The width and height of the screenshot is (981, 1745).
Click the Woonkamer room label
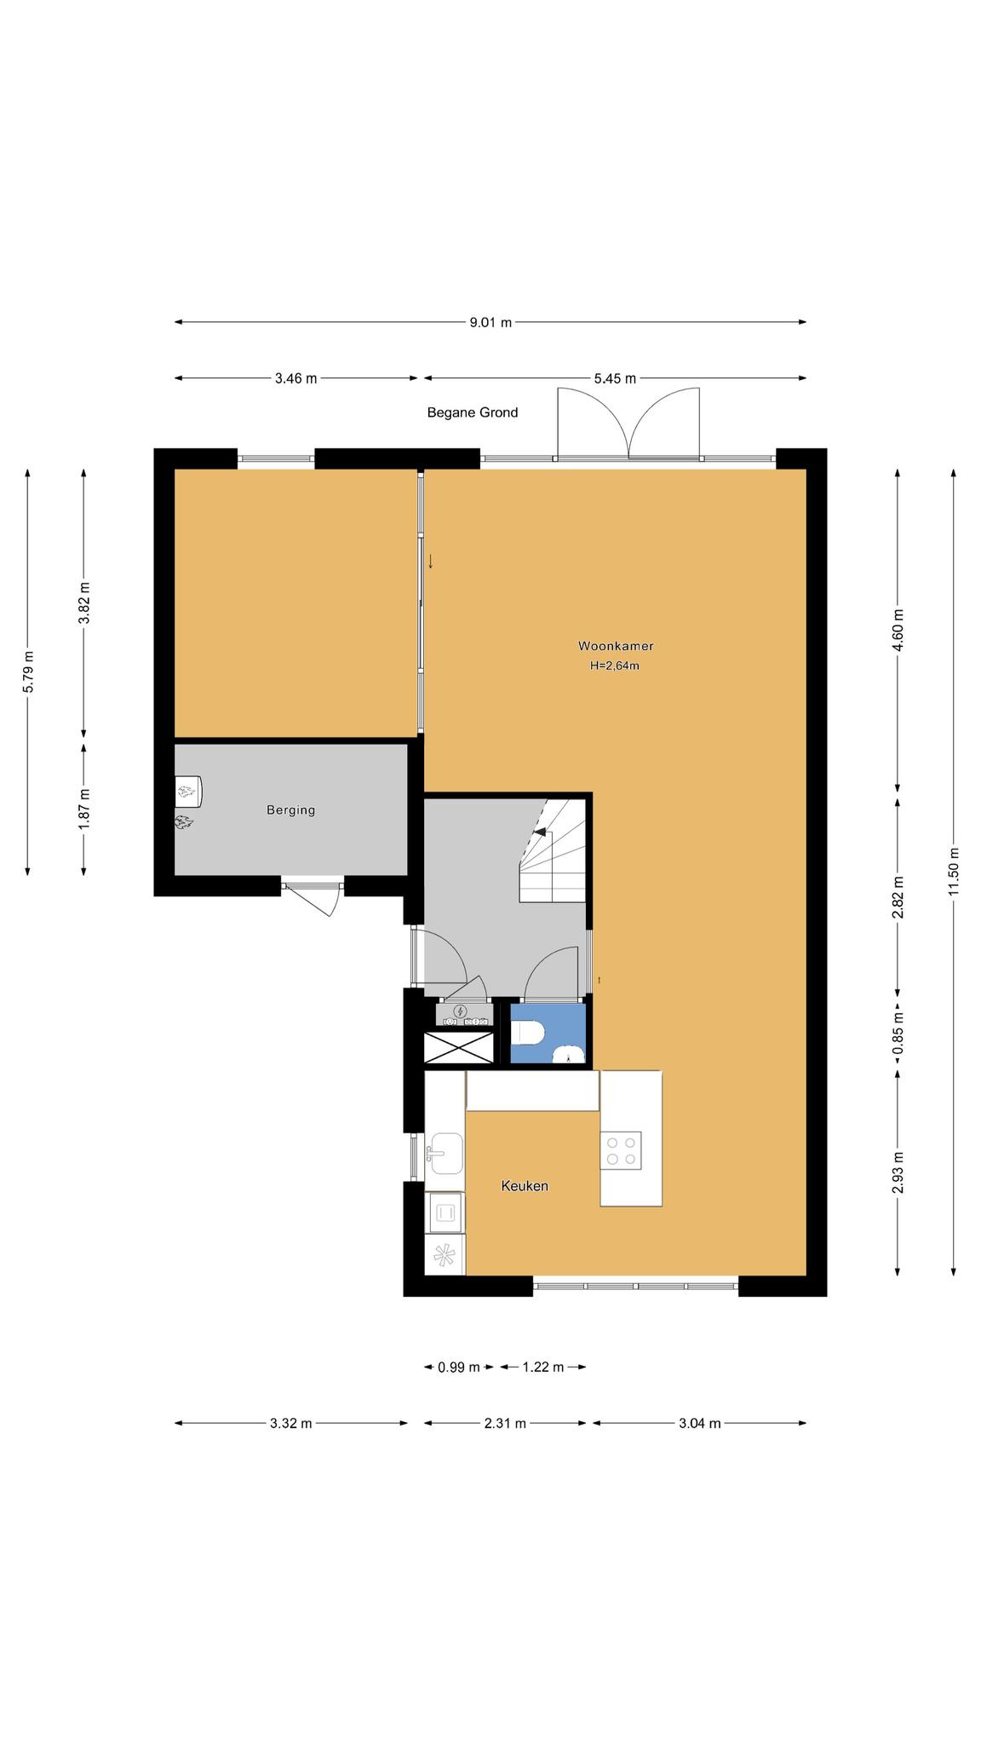click(x=615, y=646)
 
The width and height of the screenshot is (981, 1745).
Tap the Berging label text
click(x=291, y=810)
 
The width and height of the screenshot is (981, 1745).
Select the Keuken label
click(x=525, y=1186)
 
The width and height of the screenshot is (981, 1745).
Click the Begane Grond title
click(x=473, y=412)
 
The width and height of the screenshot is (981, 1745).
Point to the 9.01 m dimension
click(x=490, y=322)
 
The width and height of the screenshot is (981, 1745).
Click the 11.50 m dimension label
click(x=954, y=870)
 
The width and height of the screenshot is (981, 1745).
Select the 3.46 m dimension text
click(x=295, y=378)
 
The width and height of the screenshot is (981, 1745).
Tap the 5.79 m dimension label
click(x=28, y=672)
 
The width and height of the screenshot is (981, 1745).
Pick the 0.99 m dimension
click(x=459, y=1368)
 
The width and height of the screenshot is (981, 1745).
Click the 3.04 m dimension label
click(x=700, y=1423)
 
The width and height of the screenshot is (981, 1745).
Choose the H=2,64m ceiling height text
click(x=615, y=666)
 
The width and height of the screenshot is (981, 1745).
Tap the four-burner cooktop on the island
click(x=620, y=1150)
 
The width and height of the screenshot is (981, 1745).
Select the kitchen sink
click(x=446, y=1154)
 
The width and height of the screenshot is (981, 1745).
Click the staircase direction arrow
click(x=540, y=832)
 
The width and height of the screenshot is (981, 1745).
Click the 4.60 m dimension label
click(x=898, y=631)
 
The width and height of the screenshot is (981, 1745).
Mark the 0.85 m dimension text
click(x=898, y=1033)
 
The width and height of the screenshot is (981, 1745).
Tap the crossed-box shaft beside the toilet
click(x=459, y=1047)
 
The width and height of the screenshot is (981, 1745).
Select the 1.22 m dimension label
click(x=543, y=1368)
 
